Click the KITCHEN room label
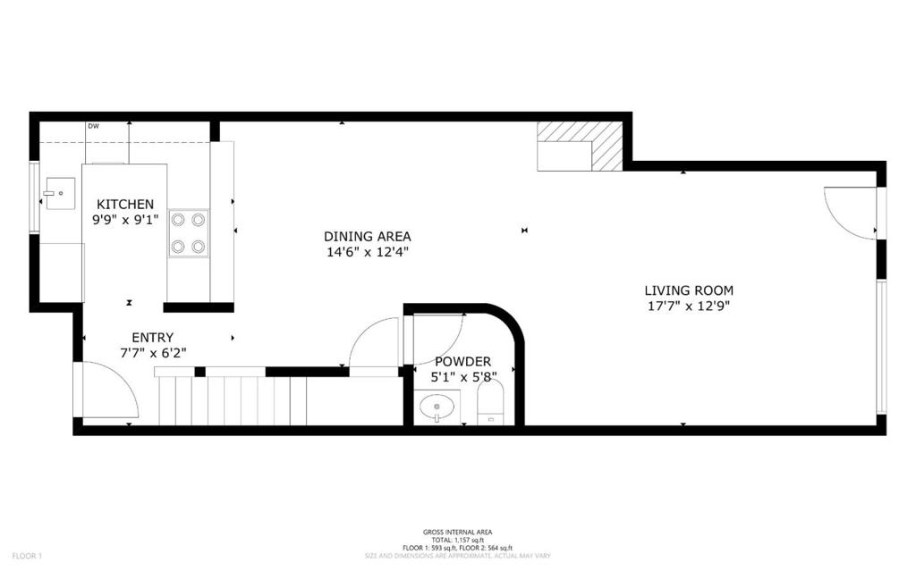(125, 205)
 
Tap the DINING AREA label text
(367, 237)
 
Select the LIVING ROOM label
(689, 290)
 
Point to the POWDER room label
(458, 362)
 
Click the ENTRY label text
(152, 338)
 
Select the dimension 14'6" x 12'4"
(367, 252)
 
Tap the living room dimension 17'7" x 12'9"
(689, 306)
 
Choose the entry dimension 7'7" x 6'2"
(152, 353)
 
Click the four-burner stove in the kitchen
(188, 233)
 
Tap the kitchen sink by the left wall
(60, 192)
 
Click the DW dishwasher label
(93, 126)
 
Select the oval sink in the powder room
(437, 409)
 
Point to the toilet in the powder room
(491, 407)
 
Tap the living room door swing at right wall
(850, 213)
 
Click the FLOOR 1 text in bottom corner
(16, 556)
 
